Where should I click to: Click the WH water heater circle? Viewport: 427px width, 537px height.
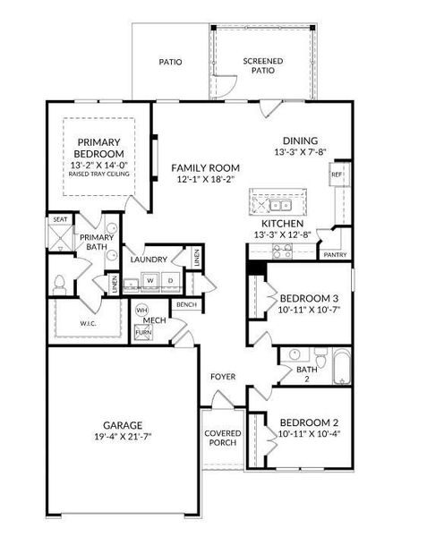click(141, 311)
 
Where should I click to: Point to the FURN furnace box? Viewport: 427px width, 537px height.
click(143, 333)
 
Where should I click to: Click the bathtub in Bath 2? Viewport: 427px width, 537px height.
click(342, 366)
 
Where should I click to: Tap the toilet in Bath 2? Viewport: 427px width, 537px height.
click(320, 357)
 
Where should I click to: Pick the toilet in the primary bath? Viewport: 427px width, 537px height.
click(60, 285)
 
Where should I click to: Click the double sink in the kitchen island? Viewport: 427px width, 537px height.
click(281, 206)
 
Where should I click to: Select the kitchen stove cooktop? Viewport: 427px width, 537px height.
click(282, 251)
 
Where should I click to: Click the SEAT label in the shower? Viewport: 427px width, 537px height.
click(60, 219)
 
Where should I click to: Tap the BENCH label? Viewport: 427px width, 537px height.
click(186, 304)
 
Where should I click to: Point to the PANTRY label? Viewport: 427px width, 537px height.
click(335, 255)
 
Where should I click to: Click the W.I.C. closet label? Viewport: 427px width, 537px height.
click(88, 324)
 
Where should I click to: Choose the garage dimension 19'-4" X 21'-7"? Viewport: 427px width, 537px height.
click(123, 437)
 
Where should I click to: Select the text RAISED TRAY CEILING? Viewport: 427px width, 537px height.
click(99, 174)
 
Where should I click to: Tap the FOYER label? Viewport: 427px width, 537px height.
click(223, 377)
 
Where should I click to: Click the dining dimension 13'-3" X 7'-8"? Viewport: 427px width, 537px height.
click(300, 152)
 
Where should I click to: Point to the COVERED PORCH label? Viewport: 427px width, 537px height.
click(223, 438)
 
